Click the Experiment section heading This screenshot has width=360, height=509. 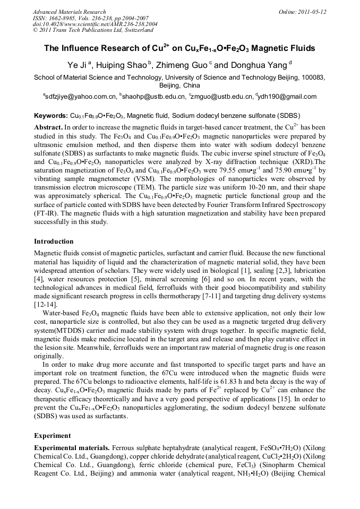pyautogui.click(x=52, y=436)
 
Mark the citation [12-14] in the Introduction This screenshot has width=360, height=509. pyautogui.click(x=46, y=305)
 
